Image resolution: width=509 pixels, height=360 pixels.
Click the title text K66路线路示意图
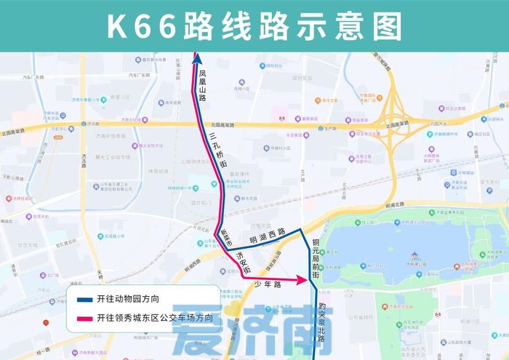(254, 26)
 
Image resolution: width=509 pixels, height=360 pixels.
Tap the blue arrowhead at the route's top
(196, 57)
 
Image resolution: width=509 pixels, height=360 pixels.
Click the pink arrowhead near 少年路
(299, 279)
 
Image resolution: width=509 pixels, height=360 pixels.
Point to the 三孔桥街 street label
(217, 148)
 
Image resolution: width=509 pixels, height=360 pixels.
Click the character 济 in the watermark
(251, 331)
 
